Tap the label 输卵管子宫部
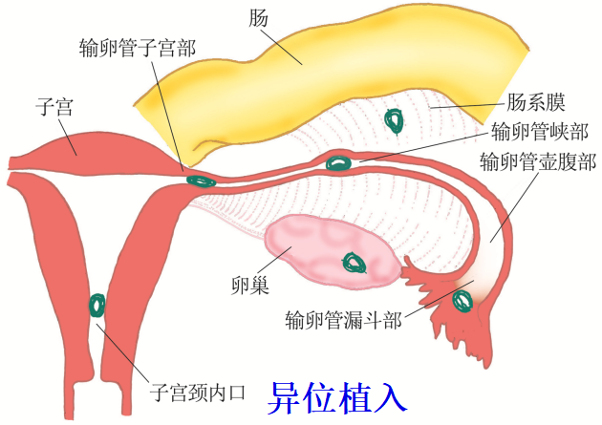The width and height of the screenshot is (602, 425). coord(139,46)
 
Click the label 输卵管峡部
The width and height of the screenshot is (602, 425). coord(539,131)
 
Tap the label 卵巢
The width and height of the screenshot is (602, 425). coord(247,285)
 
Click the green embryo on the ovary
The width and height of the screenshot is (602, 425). coord(355,262)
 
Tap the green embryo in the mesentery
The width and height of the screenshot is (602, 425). coord(393,120)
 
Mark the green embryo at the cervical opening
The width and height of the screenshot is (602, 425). coord(97,306)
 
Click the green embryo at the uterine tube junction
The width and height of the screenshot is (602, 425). coord(200,180)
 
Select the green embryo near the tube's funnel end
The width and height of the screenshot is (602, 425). coord(463,300)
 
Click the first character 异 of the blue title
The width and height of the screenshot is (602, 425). coord(286,394)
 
